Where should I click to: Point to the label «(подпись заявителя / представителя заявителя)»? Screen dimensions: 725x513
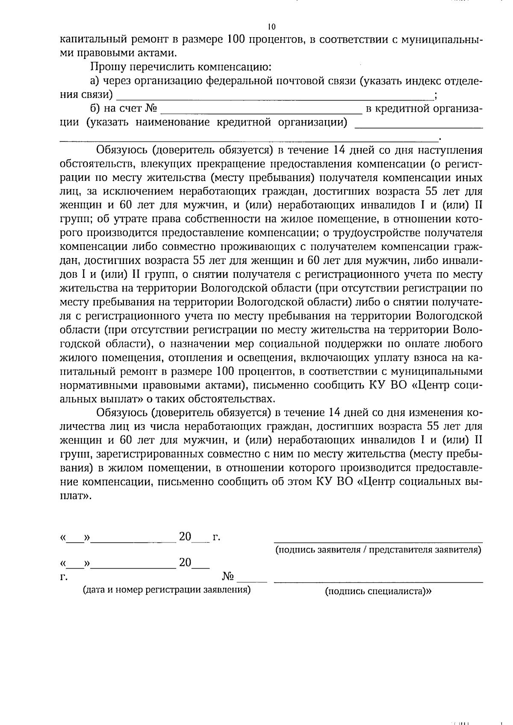[378, 550]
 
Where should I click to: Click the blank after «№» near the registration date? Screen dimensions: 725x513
[252, 581]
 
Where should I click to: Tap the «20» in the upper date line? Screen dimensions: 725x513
[185, 536]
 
